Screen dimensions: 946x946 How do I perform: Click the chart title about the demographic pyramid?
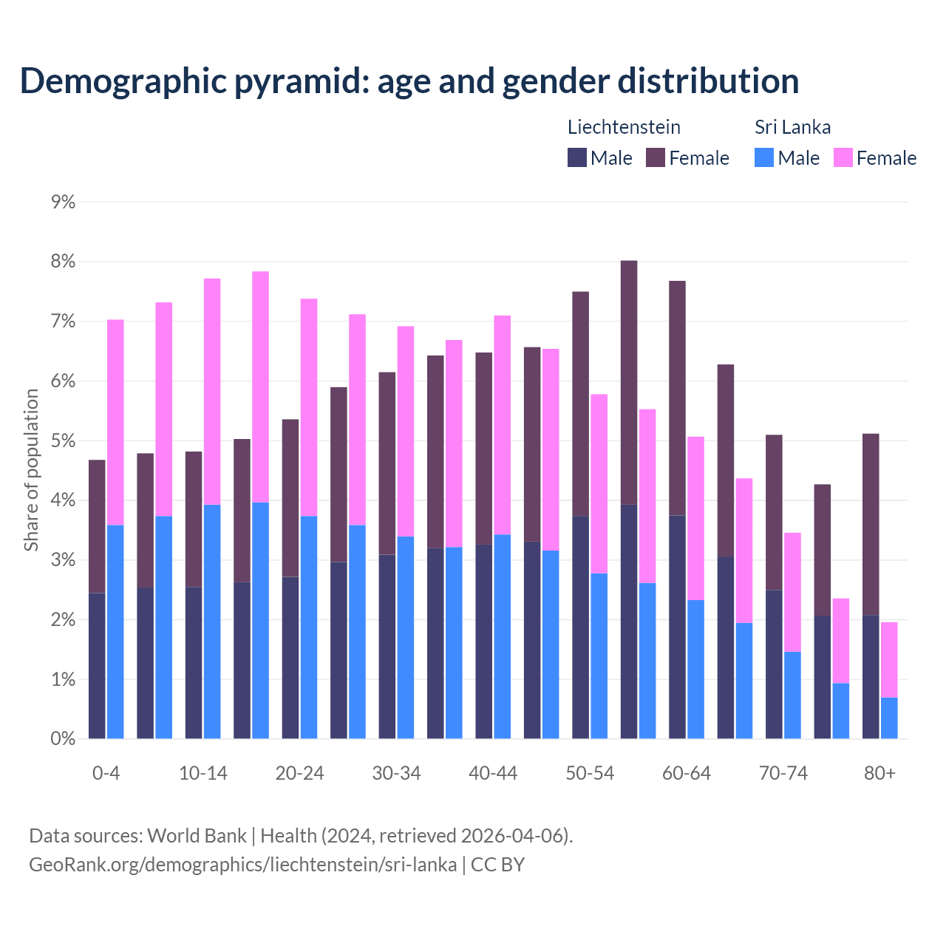409,81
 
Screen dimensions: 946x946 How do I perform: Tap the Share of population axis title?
32,470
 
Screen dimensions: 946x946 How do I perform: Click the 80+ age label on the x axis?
879,774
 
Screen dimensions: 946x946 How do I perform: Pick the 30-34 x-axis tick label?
396,774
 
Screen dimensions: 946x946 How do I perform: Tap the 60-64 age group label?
686,774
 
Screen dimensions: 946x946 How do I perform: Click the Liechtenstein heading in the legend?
624,127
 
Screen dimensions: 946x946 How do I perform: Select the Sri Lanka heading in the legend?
792,127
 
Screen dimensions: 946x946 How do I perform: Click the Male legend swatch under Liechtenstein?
577,157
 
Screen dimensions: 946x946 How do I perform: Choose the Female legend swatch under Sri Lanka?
843,157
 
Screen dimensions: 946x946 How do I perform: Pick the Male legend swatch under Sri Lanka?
764,157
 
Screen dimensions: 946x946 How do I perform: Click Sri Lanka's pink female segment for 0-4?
115,422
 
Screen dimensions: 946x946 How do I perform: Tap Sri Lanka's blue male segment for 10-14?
212,622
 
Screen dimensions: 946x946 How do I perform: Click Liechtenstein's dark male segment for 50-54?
581,627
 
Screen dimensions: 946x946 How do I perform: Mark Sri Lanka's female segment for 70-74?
792,592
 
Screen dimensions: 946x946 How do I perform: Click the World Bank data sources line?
301,836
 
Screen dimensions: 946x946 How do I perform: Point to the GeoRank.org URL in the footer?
242,865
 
